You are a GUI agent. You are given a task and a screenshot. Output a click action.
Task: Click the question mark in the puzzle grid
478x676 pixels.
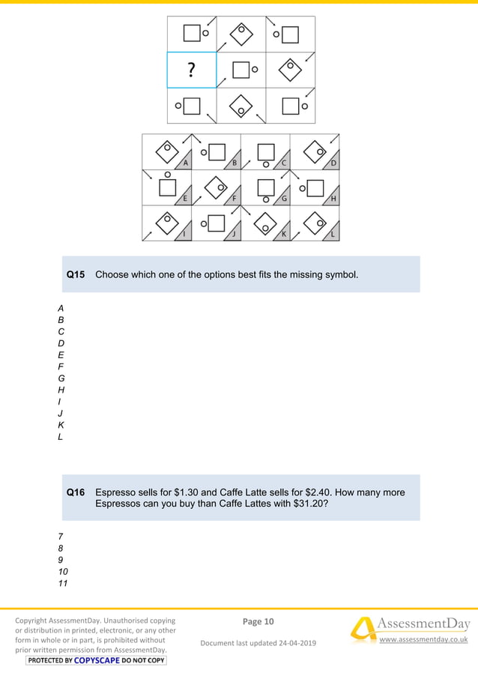(x=192, y=70)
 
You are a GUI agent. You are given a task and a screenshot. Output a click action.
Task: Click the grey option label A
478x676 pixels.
(x=186, y=163)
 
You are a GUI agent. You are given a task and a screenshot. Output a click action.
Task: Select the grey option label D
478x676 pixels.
(x=333, y=163)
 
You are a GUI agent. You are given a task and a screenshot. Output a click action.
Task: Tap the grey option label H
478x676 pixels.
(x=333, y=199)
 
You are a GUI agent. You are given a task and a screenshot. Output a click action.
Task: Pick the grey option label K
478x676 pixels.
(x=284, y=234)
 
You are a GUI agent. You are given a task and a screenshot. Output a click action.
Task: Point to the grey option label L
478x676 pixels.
(x=333, y=234)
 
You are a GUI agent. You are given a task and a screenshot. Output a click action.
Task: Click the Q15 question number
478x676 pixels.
(x=76, y=274)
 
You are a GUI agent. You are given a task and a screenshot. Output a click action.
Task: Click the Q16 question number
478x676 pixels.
(x=76, y=492)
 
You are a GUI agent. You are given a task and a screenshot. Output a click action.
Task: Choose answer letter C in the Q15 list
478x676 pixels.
(x=61, y=331)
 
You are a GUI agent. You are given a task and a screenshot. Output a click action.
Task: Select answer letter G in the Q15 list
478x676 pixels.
(x=61, y=378)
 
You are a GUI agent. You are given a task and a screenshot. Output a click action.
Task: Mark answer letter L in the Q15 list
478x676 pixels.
(x=61, y=436)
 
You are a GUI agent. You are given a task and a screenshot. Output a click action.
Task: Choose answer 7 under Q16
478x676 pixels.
(x=61, y=537)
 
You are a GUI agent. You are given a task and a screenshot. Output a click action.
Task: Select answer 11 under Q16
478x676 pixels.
(x=63, y=583)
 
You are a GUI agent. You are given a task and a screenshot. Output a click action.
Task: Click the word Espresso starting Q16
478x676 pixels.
(x=113, y=492)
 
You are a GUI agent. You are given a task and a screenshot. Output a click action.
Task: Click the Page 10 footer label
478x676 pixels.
(x=258, y=621)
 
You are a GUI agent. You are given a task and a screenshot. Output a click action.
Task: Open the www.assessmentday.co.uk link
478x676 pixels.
(x=423, y=639)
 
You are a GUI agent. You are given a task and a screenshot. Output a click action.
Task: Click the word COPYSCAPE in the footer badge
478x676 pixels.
(x=97, y=660)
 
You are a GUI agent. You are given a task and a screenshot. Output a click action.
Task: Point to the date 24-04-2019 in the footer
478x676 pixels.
(x=297, y=643)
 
